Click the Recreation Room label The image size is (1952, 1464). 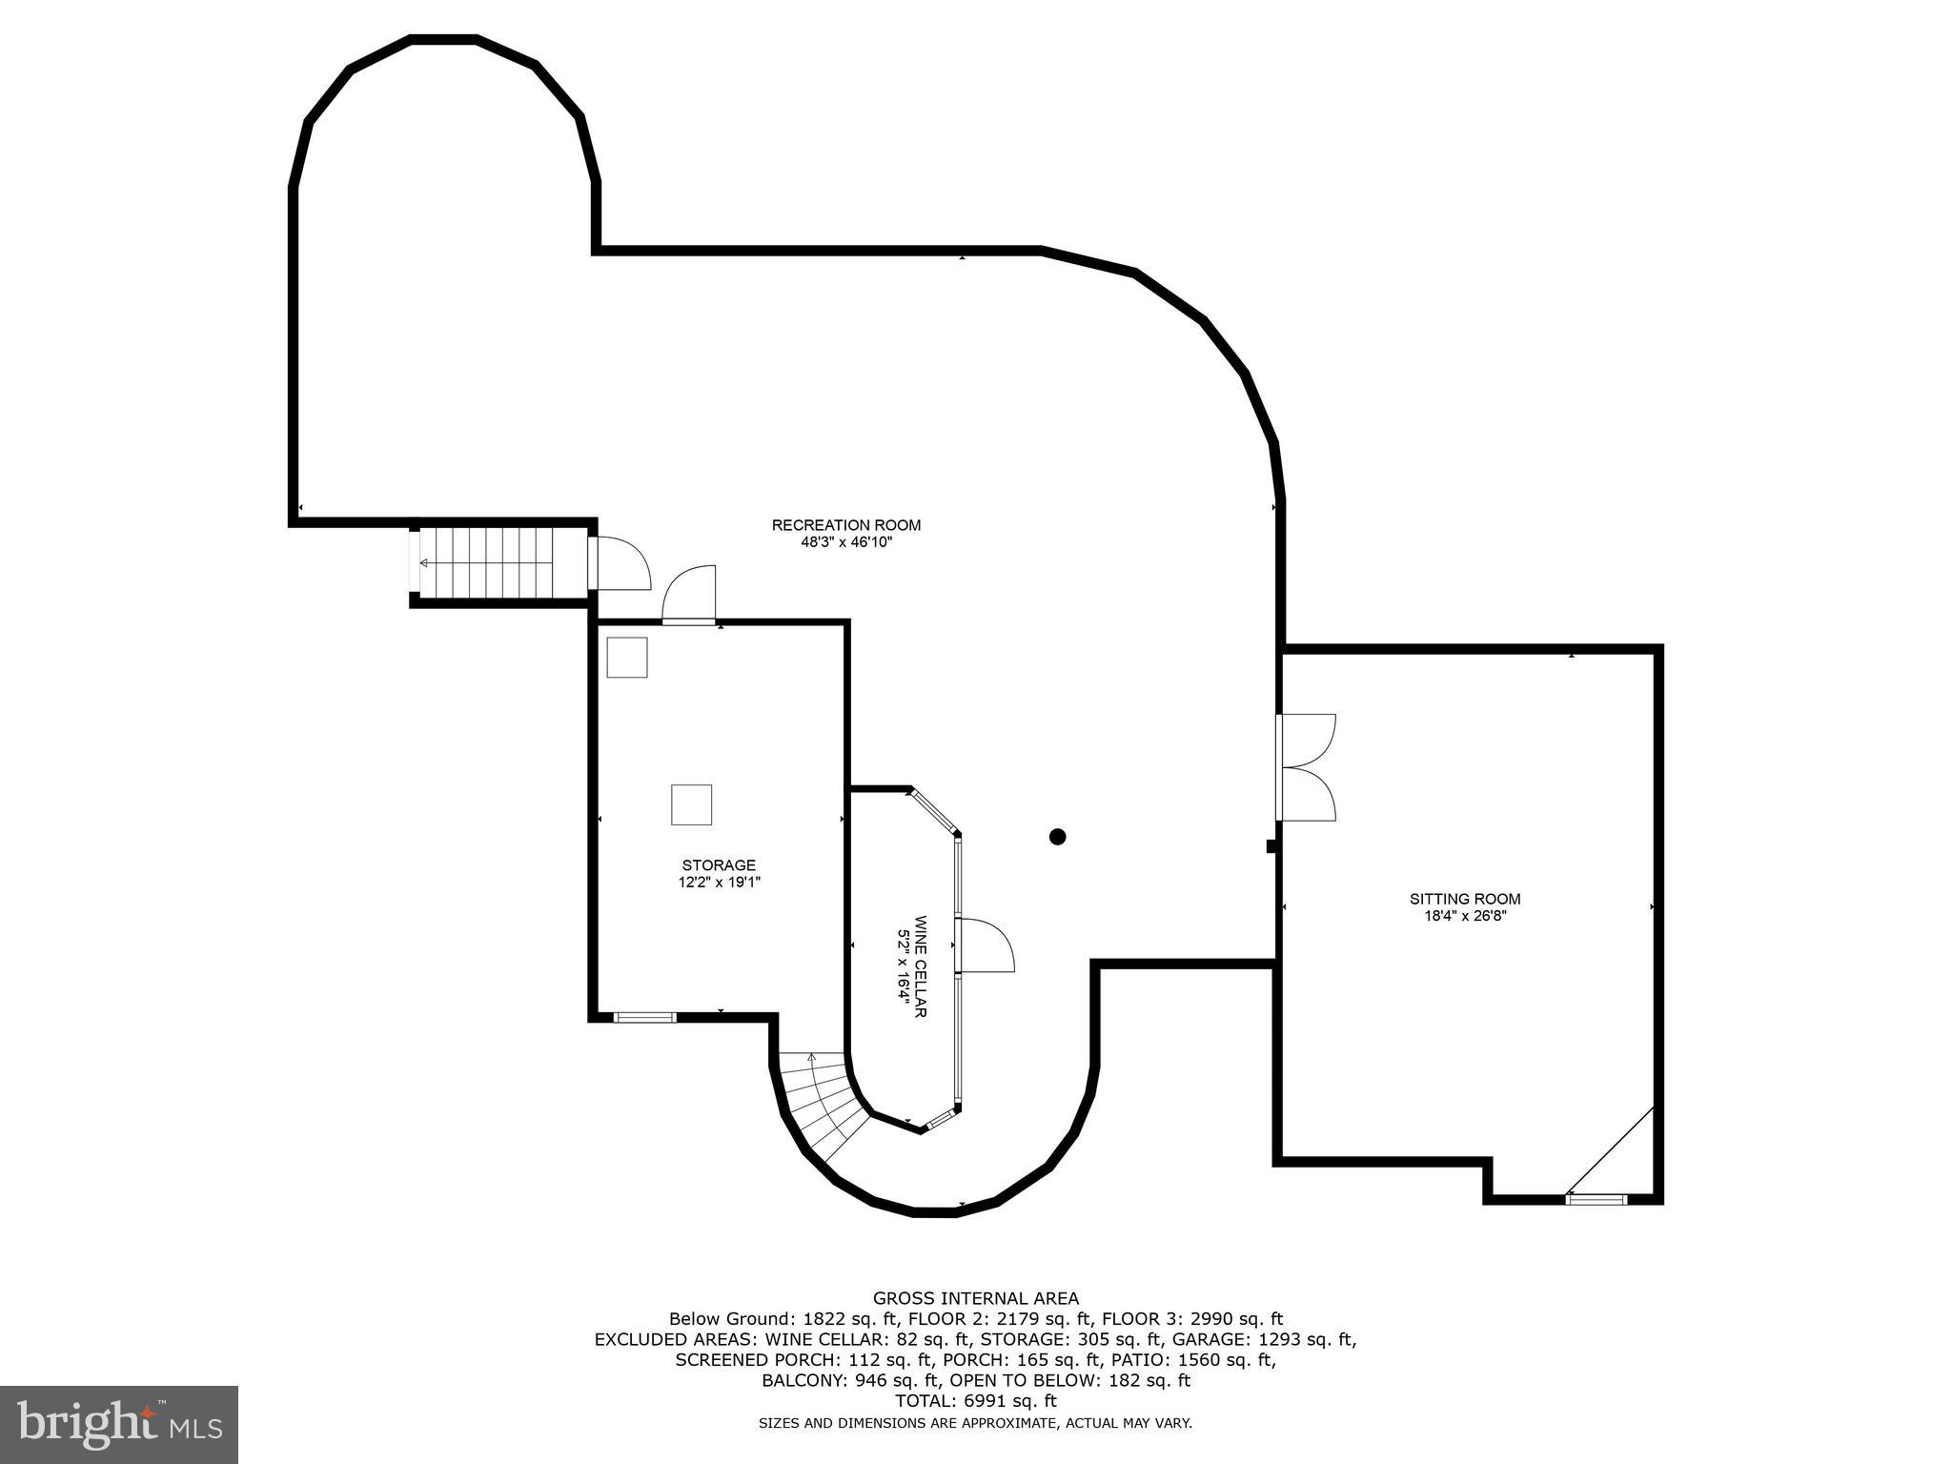pos(845,525)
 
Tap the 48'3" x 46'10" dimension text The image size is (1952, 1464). pos(845,542)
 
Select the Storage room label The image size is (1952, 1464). pos(719,865)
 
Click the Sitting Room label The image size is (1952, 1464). pos(1465,899)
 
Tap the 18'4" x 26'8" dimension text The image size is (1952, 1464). pos(1465,916)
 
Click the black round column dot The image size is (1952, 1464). pos(1057,837)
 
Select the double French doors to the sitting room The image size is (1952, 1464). pos(1308,767)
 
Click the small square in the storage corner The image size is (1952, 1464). pos(627,658)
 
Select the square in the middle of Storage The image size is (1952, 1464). pos(691,804)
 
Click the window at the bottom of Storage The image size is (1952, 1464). pos(644,1018)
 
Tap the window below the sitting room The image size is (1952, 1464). pos(1596,1199)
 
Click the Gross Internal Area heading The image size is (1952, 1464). pos(976,1298)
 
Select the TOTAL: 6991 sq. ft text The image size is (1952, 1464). pos(976,1401)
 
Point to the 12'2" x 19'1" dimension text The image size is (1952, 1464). pos(719,883)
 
